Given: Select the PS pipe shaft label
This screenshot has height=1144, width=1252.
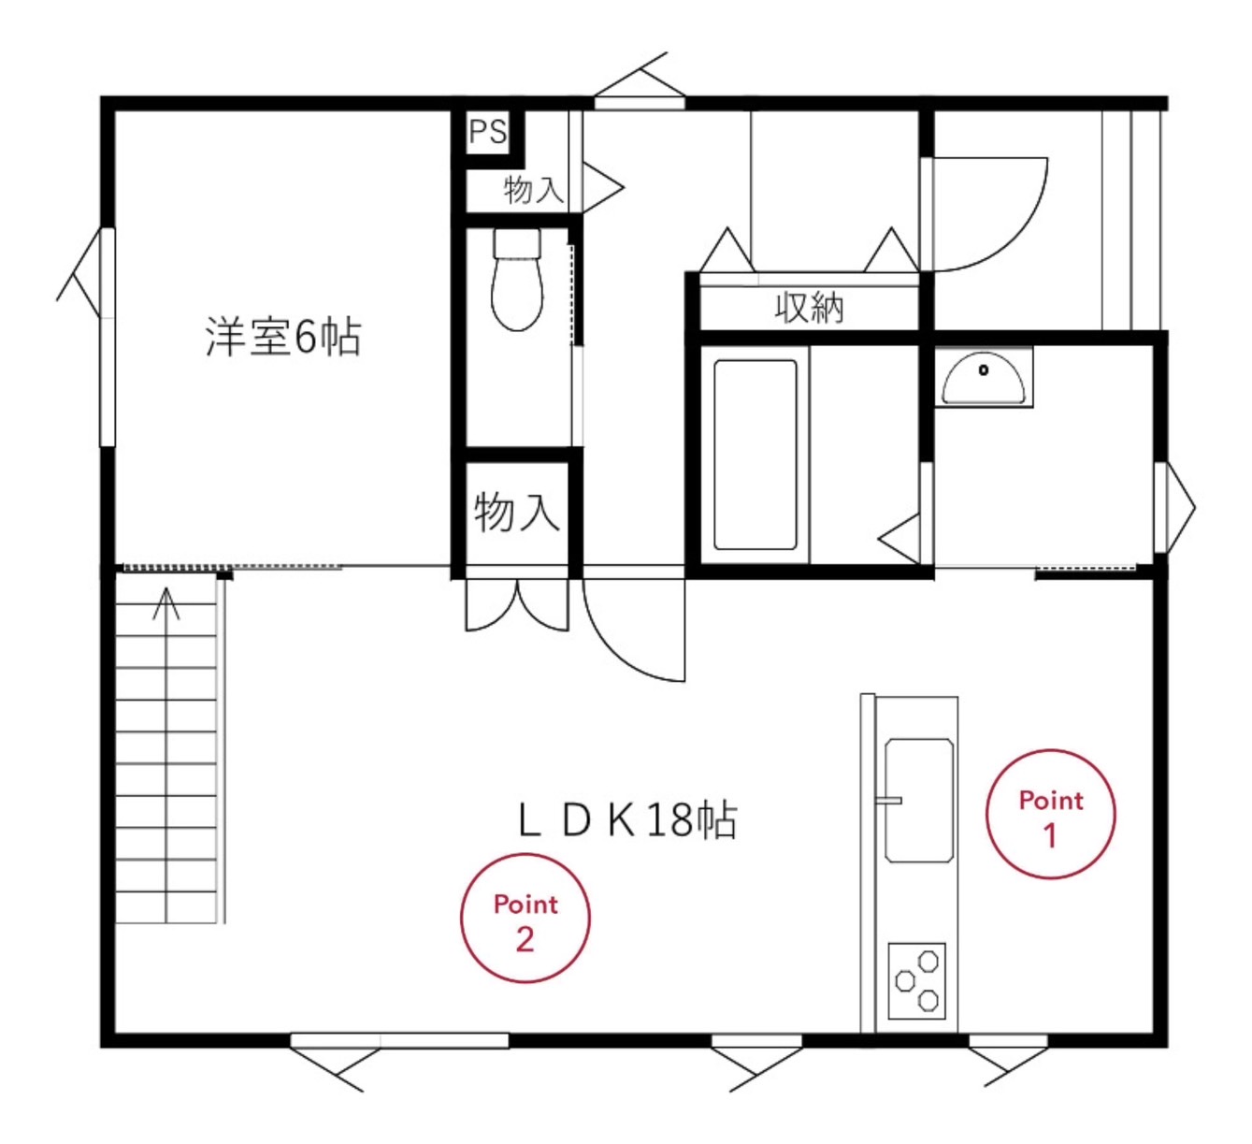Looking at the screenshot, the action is point(488,132).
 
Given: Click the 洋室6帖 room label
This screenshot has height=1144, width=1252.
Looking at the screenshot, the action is point(282,337).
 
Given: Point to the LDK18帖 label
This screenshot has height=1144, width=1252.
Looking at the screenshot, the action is point(628,820).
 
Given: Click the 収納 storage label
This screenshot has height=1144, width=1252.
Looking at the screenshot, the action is point(810,307).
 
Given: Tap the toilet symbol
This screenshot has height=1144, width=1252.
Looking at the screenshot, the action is point(517,279).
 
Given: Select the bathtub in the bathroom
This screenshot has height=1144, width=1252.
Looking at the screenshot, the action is point(756,455).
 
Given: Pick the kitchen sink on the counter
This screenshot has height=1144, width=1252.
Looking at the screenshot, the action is point(919,802).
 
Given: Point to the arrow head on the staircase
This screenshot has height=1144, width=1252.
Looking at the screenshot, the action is point(166,603).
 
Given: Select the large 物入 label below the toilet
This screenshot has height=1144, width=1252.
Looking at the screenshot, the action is point(516,512).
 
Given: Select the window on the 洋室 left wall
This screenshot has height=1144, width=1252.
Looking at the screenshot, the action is point(108,337).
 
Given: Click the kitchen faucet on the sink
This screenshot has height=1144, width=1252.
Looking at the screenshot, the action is point(889,800).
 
